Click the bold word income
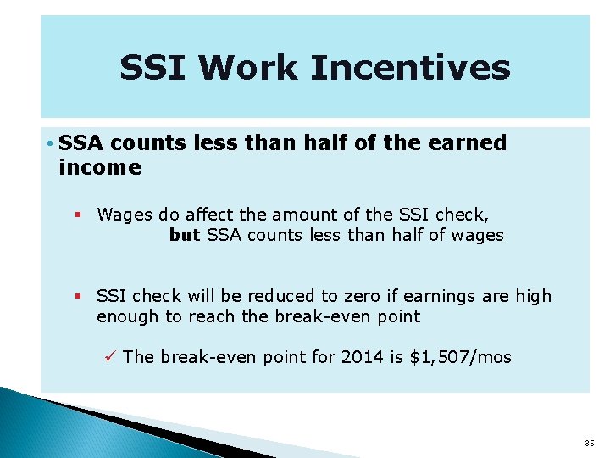(100, 168)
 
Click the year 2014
(362, 357)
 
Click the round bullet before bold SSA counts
(52, 143)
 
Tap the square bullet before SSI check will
(78, 297)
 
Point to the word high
(534, 296)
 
